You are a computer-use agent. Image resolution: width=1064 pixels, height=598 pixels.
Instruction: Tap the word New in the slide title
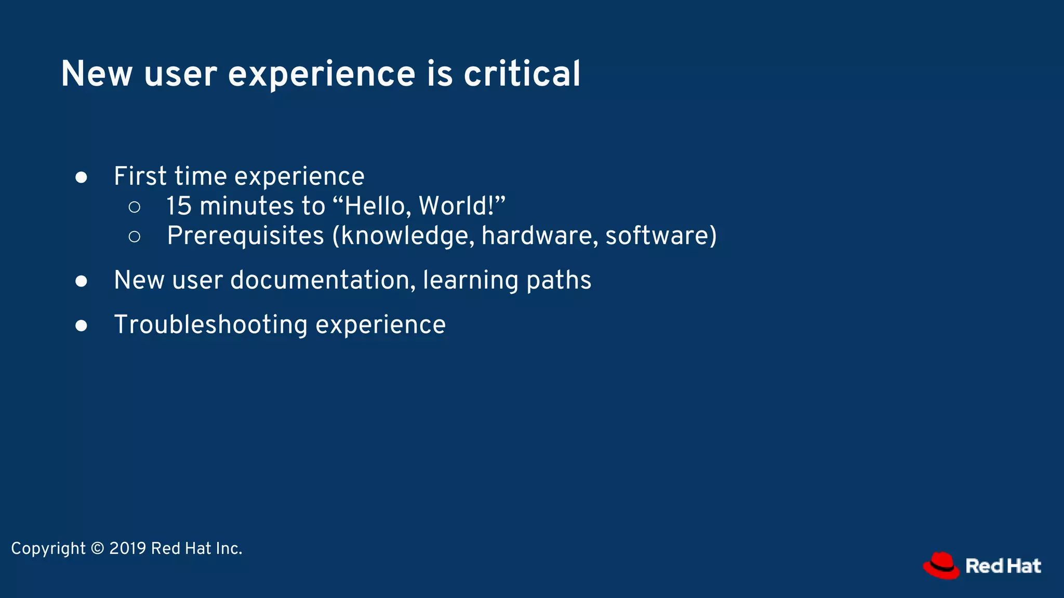coord(97,74)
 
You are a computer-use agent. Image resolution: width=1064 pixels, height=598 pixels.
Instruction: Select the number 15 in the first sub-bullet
coord(179,206)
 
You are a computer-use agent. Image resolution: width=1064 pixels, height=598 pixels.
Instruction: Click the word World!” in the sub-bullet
coord(462,206)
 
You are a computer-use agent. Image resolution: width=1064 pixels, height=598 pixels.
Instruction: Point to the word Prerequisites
coord(245,236)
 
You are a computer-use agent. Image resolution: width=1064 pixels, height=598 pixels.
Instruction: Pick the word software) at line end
coord(661,236)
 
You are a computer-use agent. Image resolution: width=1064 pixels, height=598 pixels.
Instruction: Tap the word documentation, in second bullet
coord(323,280)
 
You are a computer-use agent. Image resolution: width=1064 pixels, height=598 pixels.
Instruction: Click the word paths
coord(558,280)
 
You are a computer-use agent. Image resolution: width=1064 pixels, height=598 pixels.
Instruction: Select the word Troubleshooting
coord(211,325)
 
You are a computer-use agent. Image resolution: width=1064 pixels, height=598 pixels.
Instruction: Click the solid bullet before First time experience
coord(81,178)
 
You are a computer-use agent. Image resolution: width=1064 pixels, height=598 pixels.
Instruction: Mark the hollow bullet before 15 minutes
coord(134,207)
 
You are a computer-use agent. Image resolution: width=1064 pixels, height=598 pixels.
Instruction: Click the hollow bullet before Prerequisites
coord(134,237)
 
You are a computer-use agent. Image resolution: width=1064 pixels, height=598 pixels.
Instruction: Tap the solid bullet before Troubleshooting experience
coord(81,326)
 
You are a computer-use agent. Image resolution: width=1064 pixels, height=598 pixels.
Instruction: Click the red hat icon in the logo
coord(941,565)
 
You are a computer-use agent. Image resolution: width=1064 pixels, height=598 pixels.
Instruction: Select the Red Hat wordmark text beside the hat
coord(1003,566)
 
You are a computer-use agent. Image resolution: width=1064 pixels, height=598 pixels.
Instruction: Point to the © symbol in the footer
coord(97,549)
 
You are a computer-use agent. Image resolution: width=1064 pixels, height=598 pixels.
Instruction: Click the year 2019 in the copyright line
coord(127,549)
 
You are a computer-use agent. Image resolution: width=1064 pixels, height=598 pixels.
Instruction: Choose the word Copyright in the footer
coord(48,549)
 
